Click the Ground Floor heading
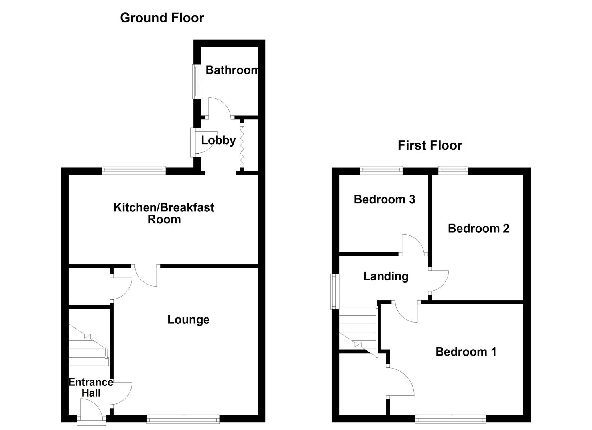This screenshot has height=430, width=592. click(162, 18)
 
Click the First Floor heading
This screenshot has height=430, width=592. click(430, 145)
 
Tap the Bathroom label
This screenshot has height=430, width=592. click(231, 70)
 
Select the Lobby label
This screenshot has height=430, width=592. click(218, 140)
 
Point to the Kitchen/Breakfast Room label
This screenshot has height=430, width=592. click(164, 213)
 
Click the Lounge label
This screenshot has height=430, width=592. click(188, 320)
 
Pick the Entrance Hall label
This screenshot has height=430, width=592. click(91, 387)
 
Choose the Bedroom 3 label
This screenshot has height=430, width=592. click(384, 199)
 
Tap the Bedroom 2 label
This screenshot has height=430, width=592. click(478, 228)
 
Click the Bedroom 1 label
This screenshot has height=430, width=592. click(466, 352)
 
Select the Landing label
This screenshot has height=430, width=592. click(385, 276)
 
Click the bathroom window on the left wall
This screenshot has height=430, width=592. click(196, 81)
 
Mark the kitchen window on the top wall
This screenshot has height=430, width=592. click(134, 170)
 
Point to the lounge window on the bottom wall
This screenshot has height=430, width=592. click(183, 419)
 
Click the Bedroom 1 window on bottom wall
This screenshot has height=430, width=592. click(450, 419)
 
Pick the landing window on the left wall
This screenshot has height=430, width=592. click(334, 291)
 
